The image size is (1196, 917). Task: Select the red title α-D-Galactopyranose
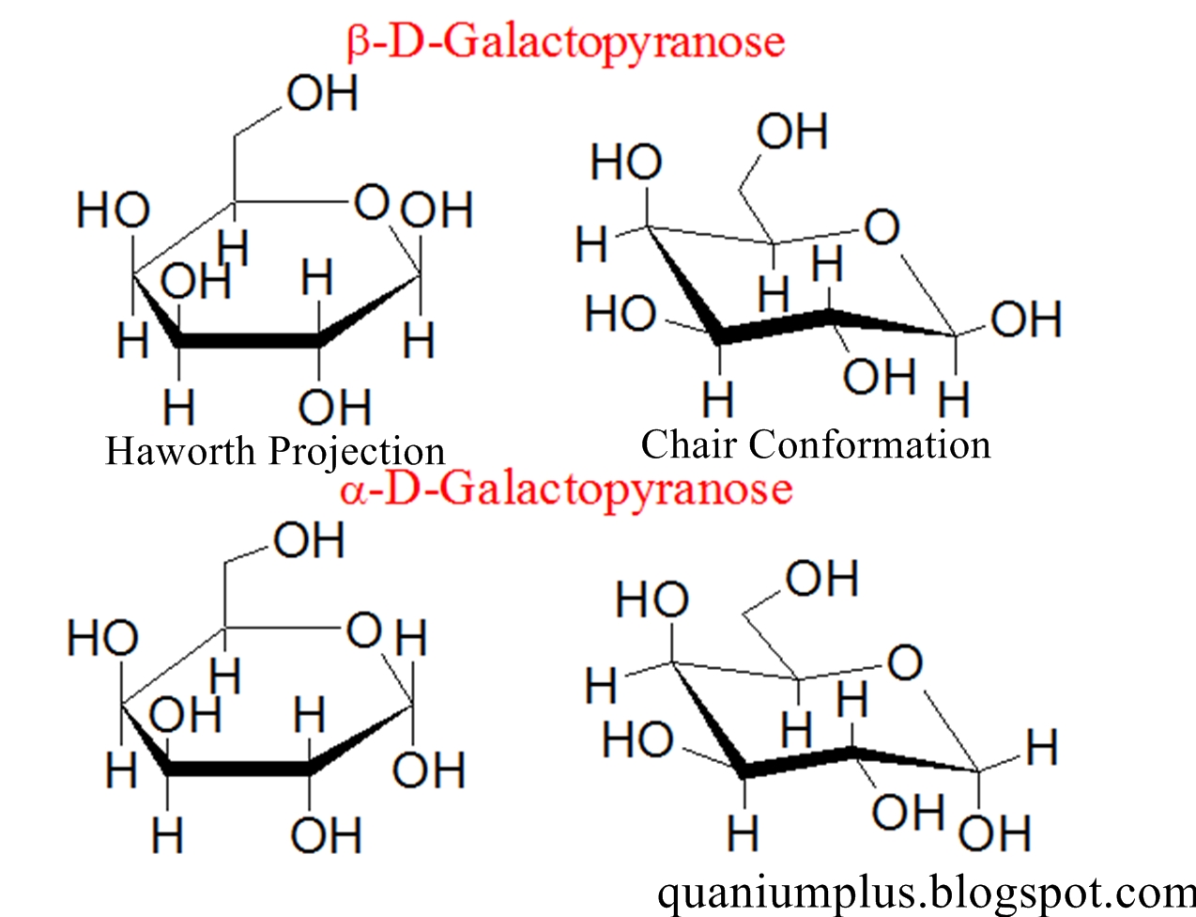pyautogui.click(x=565, y=490)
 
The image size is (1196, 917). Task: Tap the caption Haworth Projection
pyautogui.click(x=274, y=452)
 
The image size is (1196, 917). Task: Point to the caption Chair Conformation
pyautogui.click(x=815, y=444)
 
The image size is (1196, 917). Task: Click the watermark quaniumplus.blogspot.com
pyautogui.click(x=925, y=891)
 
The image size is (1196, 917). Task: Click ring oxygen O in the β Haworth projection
pyautogui.click(x=372, y=202)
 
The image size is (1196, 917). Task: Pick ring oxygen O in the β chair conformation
pyautogui.click(x=882, y=226)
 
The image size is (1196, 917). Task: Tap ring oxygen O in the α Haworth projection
pyautogui.click(x=364, y=630)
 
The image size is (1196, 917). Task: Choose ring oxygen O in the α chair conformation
pyautogui.click(x=904, y=663)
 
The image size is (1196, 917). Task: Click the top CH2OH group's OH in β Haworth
pyautogui.click(x=322, y=94)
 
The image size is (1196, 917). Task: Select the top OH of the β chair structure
pyautogui.click(x=792, y=132)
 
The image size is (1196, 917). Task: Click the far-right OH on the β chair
pyautogui.click(x=1026, y=319)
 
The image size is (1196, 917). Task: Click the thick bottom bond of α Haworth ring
pyautogui.click(x=238, y=769)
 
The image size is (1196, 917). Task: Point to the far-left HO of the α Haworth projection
pyautogui.click(x=103, y=640)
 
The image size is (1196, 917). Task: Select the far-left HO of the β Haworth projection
pyautogui.click(x=113, y=210)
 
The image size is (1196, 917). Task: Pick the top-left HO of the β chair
pyautogui.click(x=626, y=163)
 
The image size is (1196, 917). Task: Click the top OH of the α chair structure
pyautogui.click(x=821, y=579)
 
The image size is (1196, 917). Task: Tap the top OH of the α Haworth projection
pyautogui.click(x=309, y=541)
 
